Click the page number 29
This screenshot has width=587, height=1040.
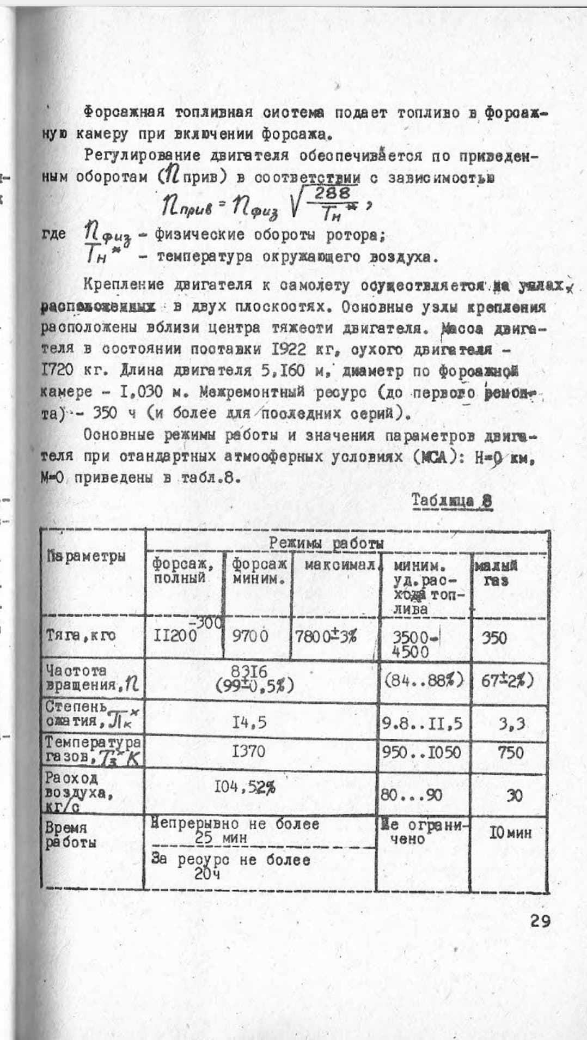point(540,921)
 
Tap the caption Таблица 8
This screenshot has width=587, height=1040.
point(452,501)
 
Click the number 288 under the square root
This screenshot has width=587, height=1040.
point(332,192)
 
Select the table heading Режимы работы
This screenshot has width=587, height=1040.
point(326,543)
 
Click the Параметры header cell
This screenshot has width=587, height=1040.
point(86,556)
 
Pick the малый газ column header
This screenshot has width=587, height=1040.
point(496,573)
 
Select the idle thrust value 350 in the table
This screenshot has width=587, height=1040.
point(494,638)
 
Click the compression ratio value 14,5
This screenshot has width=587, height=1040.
point(249,722)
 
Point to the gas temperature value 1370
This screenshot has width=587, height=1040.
point(248,752)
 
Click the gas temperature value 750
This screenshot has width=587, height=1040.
point(510,753)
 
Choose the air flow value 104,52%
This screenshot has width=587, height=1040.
point(244,787)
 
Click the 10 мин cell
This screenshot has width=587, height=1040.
point(510,833)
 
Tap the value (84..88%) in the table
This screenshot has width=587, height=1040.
point(424,680)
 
